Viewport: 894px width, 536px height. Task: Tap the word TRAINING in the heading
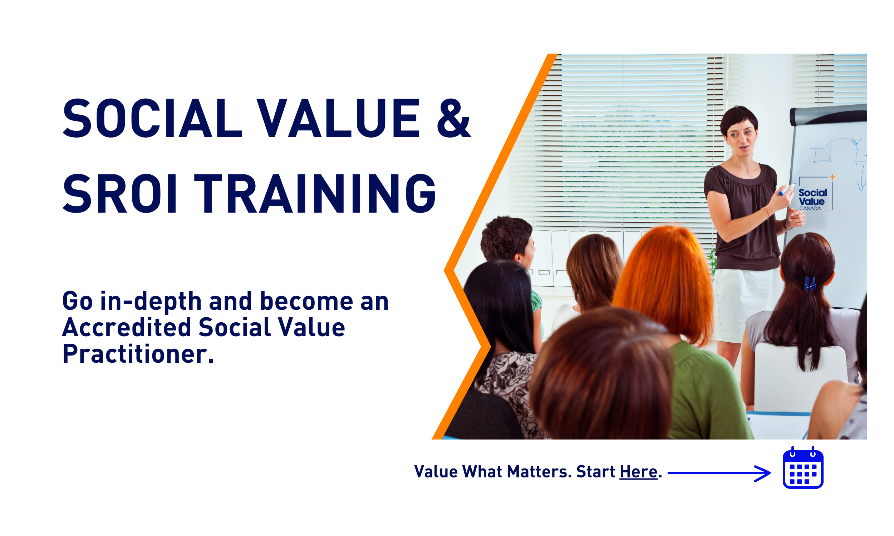318,194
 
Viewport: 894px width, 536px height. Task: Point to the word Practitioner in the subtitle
138,354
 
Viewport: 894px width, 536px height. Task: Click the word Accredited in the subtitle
127,328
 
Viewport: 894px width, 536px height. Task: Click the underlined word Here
638,472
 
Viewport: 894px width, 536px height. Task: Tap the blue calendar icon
803,468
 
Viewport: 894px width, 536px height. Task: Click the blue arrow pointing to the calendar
719,473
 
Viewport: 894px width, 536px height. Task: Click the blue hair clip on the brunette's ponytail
810,283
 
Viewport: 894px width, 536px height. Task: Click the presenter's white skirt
745,303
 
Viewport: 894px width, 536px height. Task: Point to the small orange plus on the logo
832,177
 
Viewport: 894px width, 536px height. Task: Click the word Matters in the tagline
539,472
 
